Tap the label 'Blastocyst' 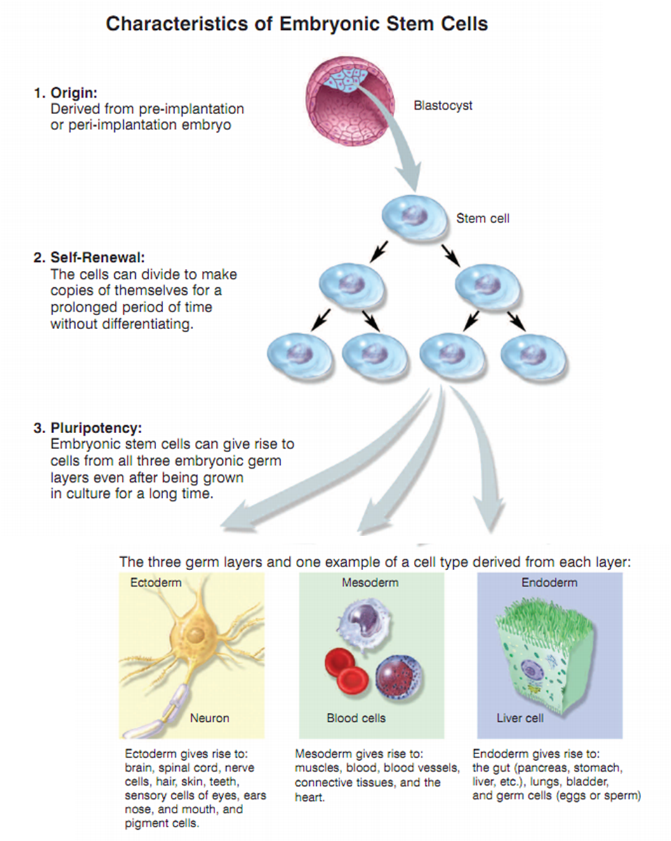(442, 105)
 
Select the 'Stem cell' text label (482, 218)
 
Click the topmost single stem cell (415, 216)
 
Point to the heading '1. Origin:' (65, 93)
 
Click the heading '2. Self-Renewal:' (90, 258)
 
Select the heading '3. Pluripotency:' (88, 427)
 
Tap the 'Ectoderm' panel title (156, 582)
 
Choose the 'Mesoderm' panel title (370, 582)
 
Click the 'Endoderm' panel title (549, 582)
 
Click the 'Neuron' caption (209, 718)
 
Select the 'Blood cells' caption (355, 718)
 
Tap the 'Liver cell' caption (519, 718)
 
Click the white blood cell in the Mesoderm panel (364, 625)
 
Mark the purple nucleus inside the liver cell (531, 669)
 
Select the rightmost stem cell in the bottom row (533, 356)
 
